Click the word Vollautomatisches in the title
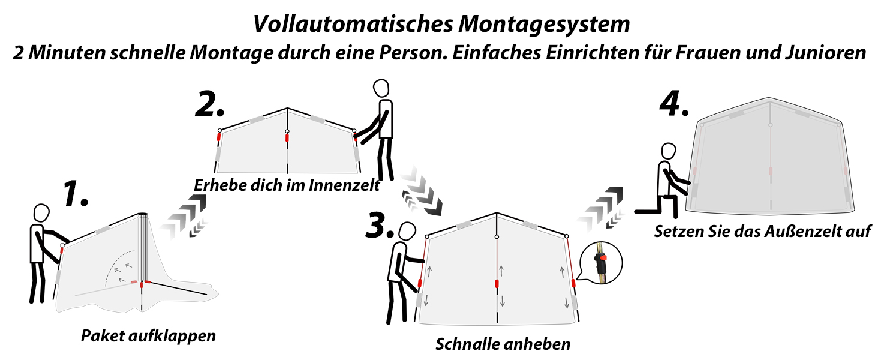pyautogui.click(x=353, y=25)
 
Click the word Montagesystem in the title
pyautogui.click(x=544, y=25)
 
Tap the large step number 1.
pyautogui.click(x=76, y=193)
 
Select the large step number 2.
pyautogui.click(x=209, y=104)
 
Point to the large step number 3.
pyautogui.click(x=380, y=226)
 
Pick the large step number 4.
pyautogui.click(x=673, y=103)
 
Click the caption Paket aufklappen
pyautogui.click(x=148, y=336)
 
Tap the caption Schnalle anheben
pyautogui.click(x=503, y=344)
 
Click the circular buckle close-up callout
pyautogui.click(x=600, y=262)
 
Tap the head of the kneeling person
pyautogui.click(x=669, y=151)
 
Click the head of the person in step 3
pyautogui.click(x=408, y=232)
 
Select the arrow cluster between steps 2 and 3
pyautogui.click(x=421, y=191)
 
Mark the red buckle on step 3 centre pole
pyautogui.click(x=497, y=284)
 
